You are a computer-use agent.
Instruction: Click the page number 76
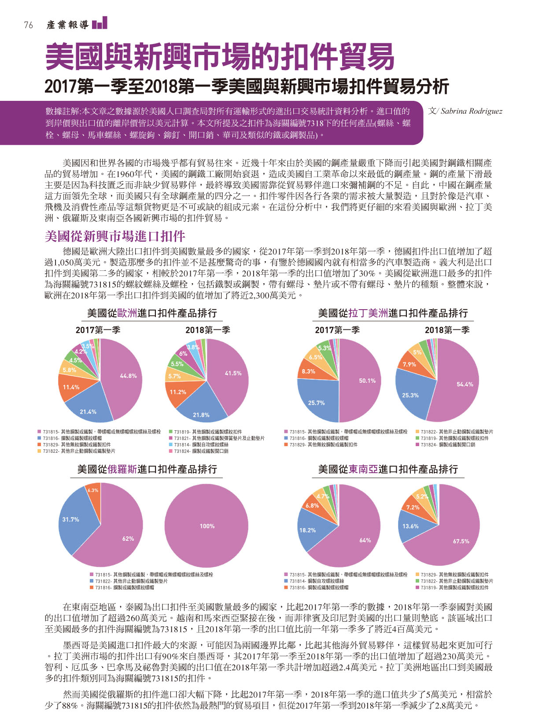click(29, 25)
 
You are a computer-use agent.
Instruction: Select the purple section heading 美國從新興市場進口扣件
click(114, 237)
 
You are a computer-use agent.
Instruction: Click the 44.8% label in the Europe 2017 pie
click(128, 376)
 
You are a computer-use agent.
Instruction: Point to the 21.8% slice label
click(201, 415)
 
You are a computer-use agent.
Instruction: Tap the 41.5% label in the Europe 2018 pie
click(233, 373)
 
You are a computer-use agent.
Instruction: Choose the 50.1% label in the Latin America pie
click(367, 381)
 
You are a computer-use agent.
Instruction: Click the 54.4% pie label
click(465, 384)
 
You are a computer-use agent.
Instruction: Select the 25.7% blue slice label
click(316, 403)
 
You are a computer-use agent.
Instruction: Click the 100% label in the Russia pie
click(207, 526)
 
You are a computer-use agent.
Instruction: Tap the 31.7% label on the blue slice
click(70, 519)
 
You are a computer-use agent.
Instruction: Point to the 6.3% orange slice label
click(93, 490)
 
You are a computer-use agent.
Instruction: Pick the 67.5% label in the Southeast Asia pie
click(461, 541)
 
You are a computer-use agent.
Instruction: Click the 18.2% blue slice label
click(308, 530)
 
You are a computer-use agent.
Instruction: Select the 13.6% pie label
click(410, 526)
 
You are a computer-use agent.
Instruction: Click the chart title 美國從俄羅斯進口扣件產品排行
click(147, 469)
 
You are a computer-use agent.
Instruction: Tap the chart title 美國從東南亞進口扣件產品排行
click(388, 469)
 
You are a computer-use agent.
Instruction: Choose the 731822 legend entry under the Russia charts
click(129, 581)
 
